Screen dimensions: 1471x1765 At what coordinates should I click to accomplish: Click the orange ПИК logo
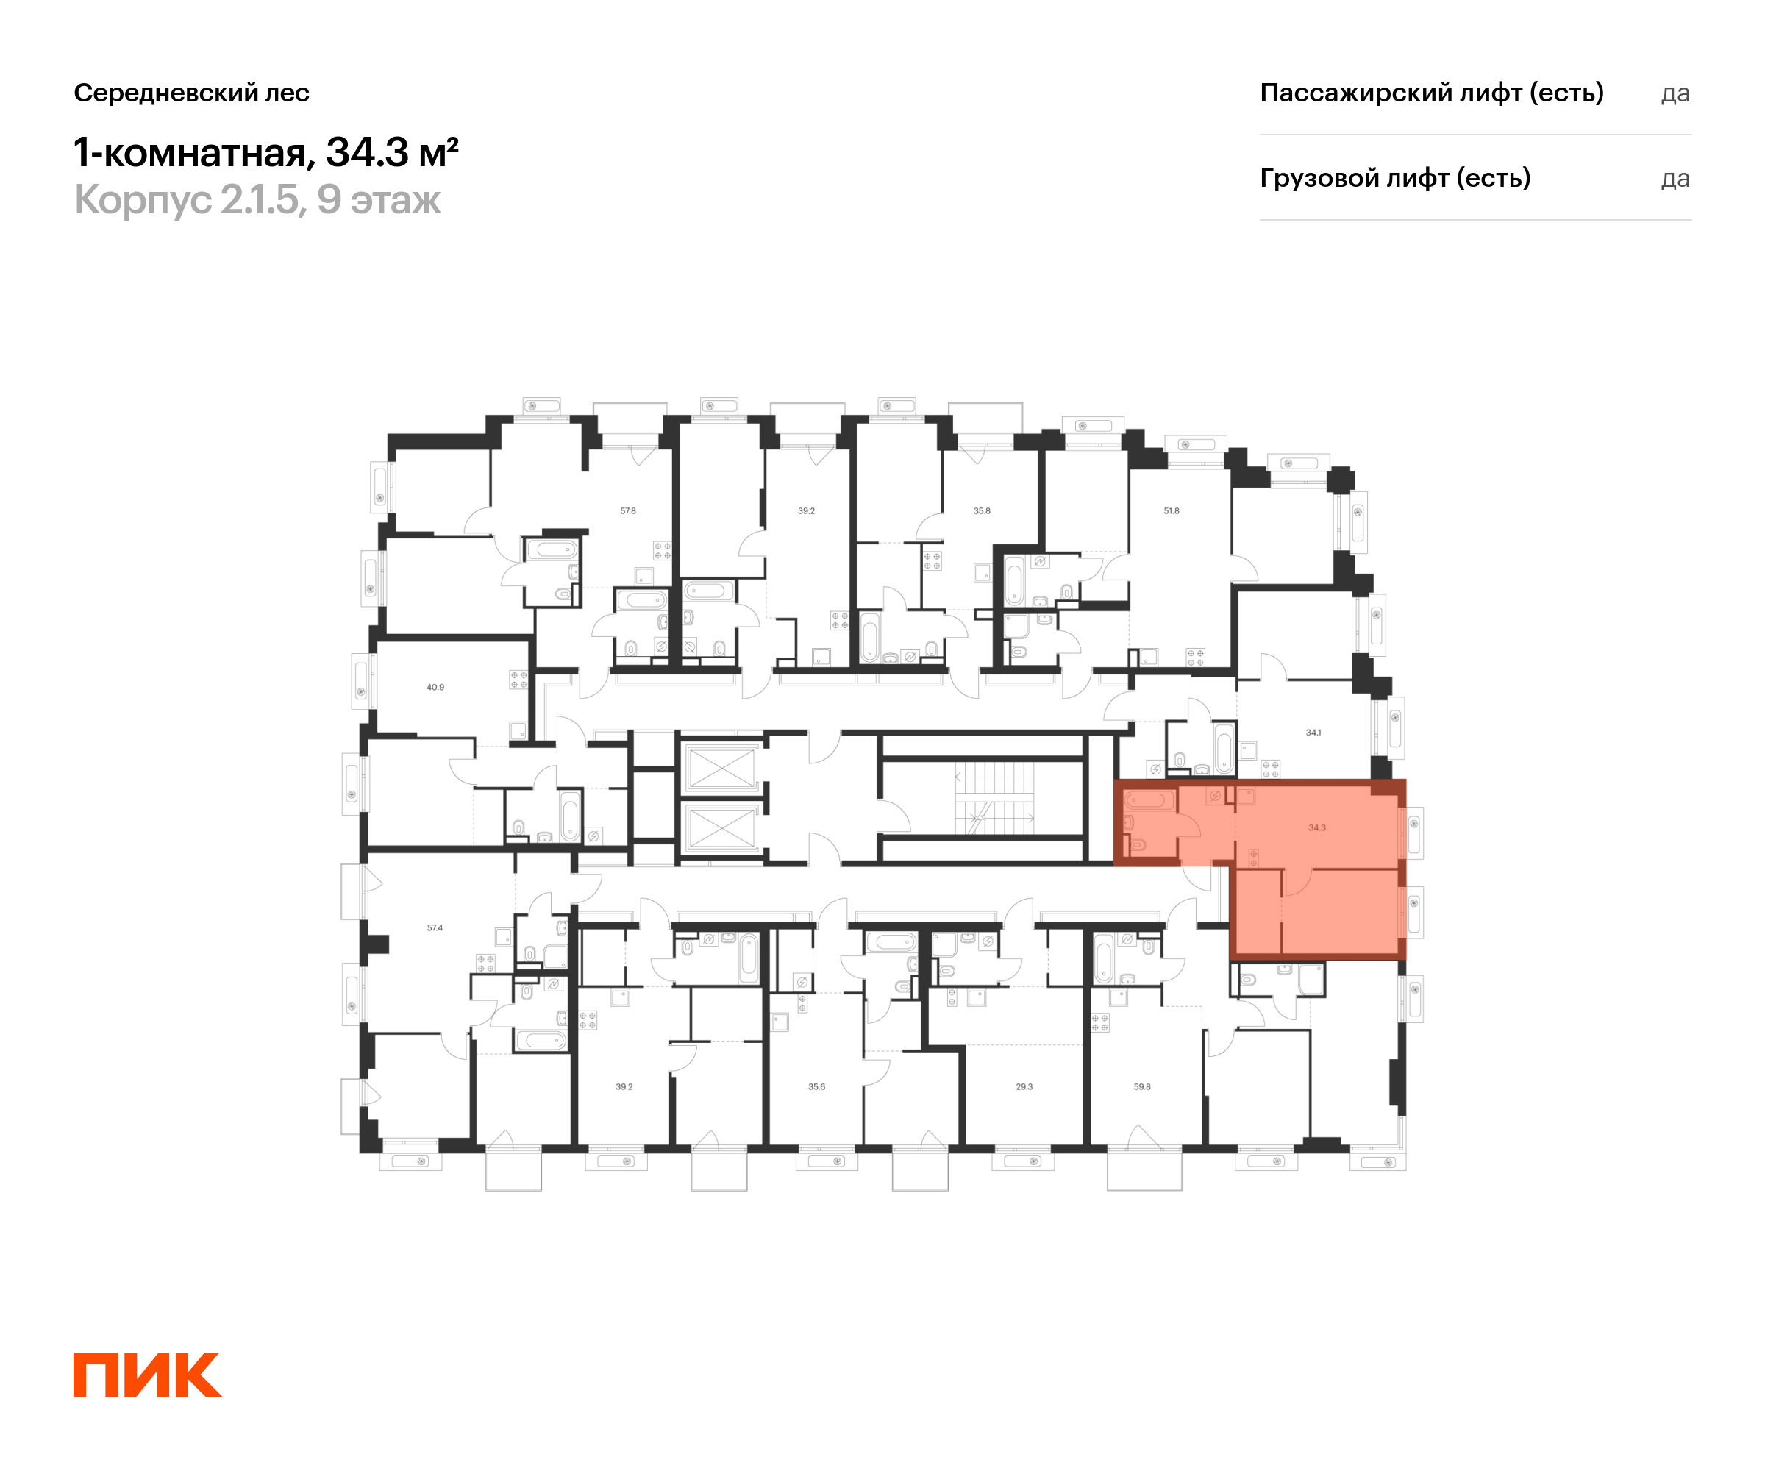pos(147,1375)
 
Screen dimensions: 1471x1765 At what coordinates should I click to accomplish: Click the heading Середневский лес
pos(192,93)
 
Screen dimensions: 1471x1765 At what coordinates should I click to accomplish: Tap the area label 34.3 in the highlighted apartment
pos(1316,828)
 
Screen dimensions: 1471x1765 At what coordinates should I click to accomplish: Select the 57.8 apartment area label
pos(628,511)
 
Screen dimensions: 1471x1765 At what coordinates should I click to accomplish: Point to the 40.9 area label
pos(435,688)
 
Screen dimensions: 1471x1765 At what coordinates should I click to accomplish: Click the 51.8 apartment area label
pos(1171,511)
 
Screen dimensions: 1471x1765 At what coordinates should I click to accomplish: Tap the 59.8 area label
pos(1141,1087)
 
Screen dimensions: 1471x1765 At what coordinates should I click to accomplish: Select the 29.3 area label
pos(1024,1087)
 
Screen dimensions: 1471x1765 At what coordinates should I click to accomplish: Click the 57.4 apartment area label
pos(435,928)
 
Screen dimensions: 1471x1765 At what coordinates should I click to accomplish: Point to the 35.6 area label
pos(816,1087)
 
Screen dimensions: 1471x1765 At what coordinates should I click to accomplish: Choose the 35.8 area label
pos(982,511)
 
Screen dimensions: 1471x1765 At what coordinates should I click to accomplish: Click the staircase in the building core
pos(994,799)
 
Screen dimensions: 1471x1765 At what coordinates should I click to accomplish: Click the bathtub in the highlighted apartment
pos(1149,800)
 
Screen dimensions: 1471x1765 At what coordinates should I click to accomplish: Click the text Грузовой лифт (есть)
pos(1394,178)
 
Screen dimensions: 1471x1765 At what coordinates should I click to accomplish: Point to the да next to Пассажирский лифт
pos(1675,93)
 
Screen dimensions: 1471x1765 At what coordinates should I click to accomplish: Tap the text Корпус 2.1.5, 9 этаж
pos(257,200)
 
